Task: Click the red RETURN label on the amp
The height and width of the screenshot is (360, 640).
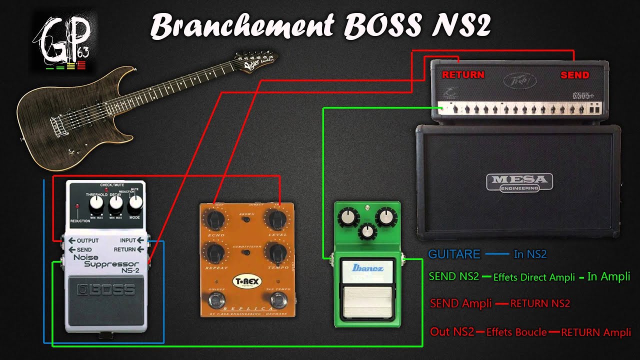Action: coord(463,75)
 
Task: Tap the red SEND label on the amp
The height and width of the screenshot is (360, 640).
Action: coord(574,75)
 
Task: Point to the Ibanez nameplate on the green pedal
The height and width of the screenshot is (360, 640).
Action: coord(367,268)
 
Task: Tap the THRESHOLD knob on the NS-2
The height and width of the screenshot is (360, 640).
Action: coord(96,203)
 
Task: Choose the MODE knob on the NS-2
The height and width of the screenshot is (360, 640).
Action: coord(135,203)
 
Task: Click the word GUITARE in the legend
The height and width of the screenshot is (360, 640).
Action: coord(454,254)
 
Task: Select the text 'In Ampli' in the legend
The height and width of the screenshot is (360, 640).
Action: coord(608,276)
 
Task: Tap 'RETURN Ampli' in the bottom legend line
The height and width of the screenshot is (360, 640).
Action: coord(595,332)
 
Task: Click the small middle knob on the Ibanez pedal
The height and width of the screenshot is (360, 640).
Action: coord(367,231)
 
